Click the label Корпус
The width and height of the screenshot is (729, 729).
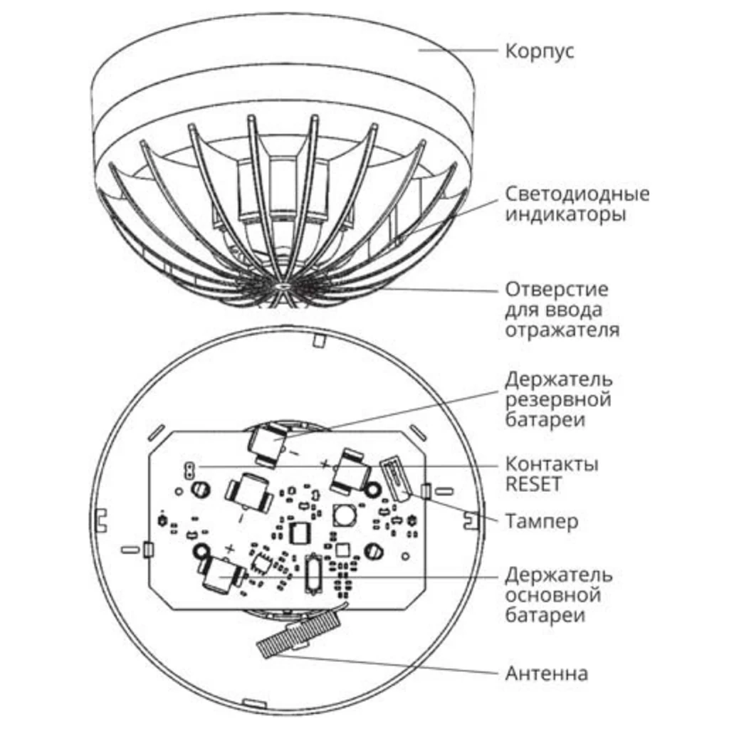point(540,51)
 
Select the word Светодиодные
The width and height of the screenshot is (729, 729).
point(577,194)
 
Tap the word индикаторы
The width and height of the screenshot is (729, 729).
point(565,214)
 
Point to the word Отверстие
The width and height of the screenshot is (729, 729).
point(557,289)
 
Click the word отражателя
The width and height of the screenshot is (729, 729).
point(562,330)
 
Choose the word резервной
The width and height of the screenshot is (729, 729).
point(558,399)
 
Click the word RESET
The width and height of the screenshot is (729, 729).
point(533,484)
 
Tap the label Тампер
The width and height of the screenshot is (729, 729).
point(542,521)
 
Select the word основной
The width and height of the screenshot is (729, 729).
point(553,595)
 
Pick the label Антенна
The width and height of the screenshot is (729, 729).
point(547,673)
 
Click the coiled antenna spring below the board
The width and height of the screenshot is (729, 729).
point(298,633)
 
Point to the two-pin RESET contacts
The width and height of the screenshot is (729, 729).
point(189,471)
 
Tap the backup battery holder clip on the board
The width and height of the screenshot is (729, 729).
point(268,444)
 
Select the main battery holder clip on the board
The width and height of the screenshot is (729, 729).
point(221,575)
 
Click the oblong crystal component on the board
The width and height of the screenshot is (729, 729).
point(313,574)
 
